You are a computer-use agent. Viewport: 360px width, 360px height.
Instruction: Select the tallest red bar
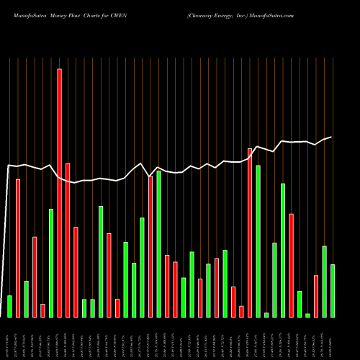59,193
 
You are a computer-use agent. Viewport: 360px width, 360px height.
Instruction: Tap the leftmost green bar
9,306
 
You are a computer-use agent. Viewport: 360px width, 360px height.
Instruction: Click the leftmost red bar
18,248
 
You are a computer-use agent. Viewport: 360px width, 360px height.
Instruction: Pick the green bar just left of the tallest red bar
51,263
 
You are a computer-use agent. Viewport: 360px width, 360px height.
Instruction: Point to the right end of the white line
331,137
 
